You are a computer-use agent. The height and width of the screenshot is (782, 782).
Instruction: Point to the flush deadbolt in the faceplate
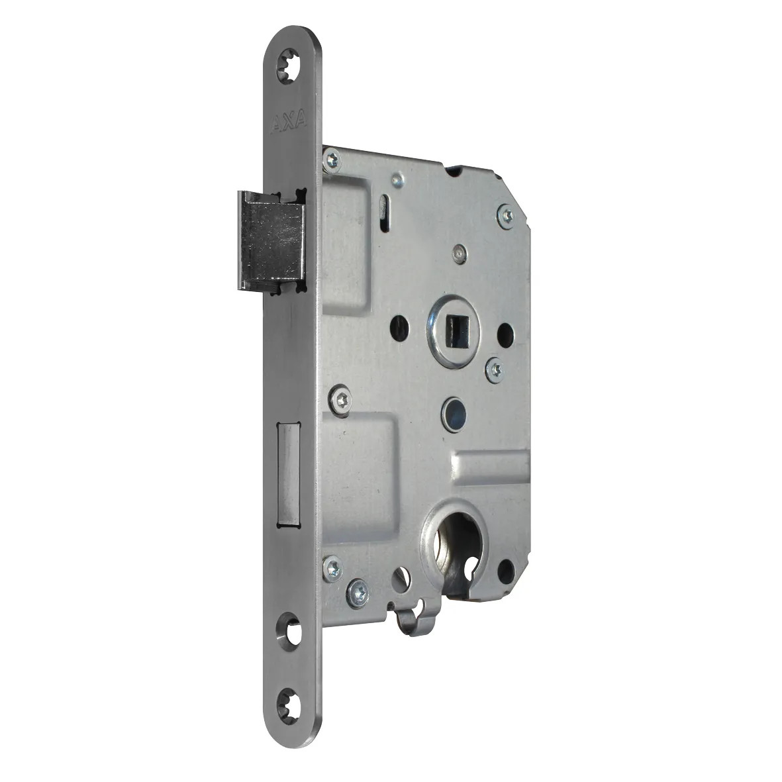[x=288, y=474]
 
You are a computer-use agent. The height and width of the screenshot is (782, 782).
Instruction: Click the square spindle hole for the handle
[x=456, y=331]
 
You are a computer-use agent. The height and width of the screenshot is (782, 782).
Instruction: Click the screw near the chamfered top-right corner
[x=506, y=216]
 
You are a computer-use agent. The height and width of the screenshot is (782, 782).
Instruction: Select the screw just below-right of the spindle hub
[x=495, y=369]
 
